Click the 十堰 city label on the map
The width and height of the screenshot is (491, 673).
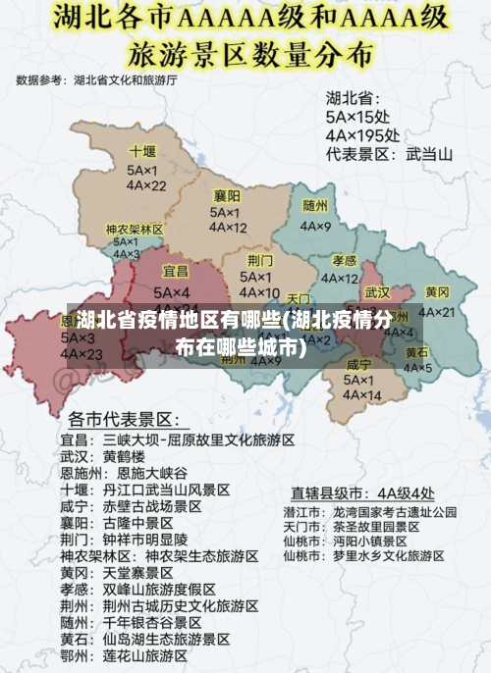pyautogui.click(x=142, y=152)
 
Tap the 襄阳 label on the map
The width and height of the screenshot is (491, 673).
pyautogui.click(x=227, y=195)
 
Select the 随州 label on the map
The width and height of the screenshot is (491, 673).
pyautogui.click(x=315, y=206)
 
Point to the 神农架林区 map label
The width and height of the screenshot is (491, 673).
pyautogui.click(x=135, y=229)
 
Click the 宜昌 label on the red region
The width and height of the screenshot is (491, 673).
pyautogui.click(x=176, y=271)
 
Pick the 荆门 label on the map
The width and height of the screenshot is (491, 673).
pyautogui.click(x=260, y=260)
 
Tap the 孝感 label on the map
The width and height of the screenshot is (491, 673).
pyautogui.click(x=344, y=260)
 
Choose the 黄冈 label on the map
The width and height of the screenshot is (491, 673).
pyautogui.click(x=437, y=292)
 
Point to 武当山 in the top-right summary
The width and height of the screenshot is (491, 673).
pyautogui.click(x=429, y=154)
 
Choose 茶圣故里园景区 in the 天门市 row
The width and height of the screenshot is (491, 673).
pyautogui.click(x=375, y=526)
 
